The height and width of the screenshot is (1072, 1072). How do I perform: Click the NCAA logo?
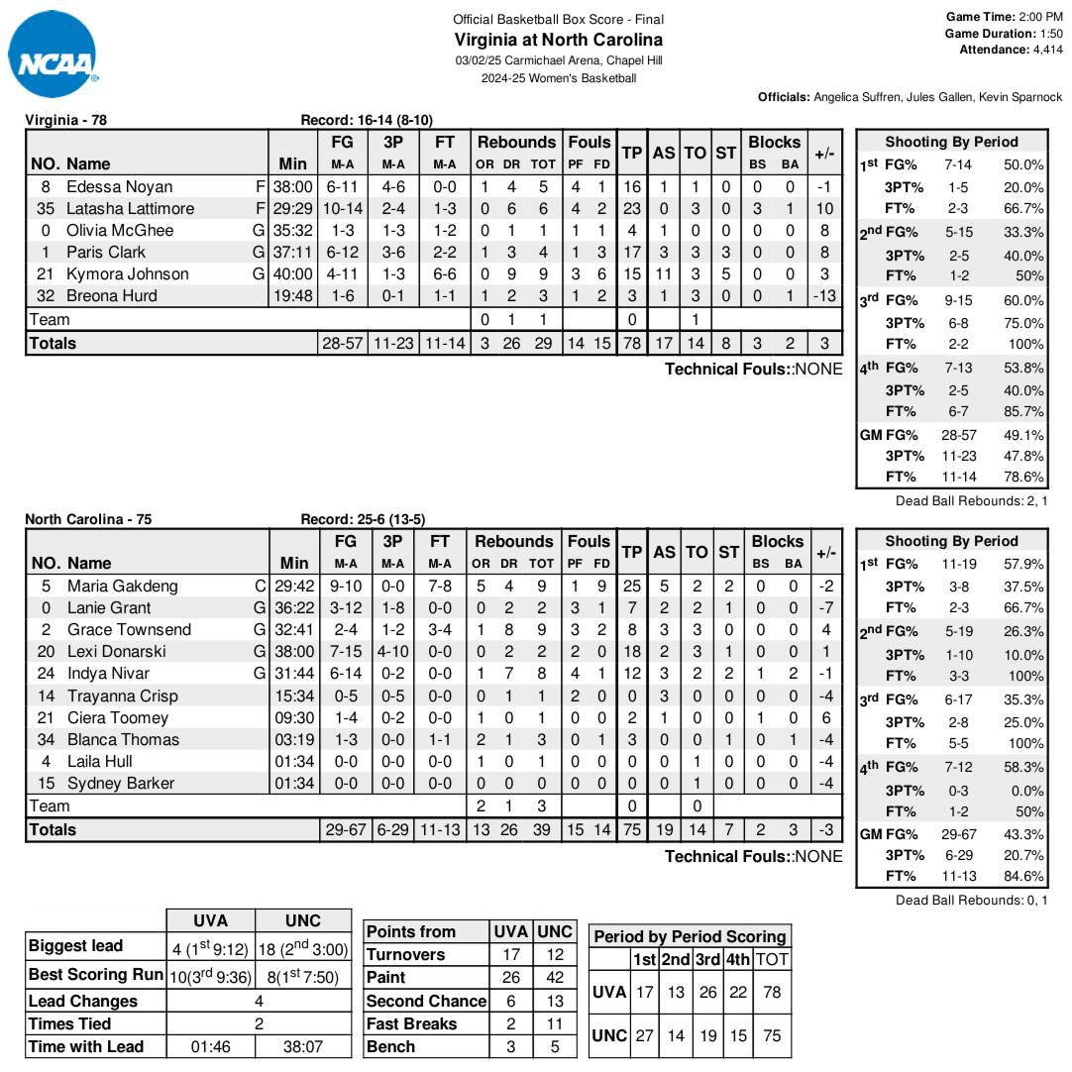click(x=53, y=54)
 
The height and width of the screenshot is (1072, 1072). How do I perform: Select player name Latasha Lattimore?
click(x=130, y=209)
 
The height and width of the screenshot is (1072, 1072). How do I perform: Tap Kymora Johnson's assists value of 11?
click(x=664, y=274)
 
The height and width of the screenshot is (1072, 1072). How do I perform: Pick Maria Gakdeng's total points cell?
click(x=632, y=587)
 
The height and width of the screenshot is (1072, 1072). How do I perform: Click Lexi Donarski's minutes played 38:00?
click(x=294, y=652)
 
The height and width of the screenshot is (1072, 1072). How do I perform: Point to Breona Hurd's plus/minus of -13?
click(x=823, y=296)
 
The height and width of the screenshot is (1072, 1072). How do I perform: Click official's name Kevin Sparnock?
click(x=1020, y=97)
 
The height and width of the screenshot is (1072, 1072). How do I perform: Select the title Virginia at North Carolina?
click(x=558, y=40)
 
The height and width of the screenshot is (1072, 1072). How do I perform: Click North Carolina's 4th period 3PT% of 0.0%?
click(x=1023, y=791)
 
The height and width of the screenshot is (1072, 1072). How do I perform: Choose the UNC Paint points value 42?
click(x=554, y=978)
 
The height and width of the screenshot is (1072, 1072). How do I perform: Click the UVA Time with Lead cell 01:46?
click(x=210, y=1047)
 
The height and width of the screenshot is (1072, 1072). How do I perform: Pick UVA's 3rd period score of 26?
click(x=707, y=993)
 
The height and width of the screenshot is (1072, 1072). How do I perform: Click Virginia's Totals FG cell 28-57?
click(x=345, y=344)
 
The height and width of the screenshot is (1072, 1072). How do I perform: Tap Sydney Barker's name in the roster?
click(x=121, y=784)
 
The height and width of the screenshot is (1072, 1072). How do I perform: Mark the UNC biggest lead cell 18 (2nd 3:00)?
click(x=302, y=949)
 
